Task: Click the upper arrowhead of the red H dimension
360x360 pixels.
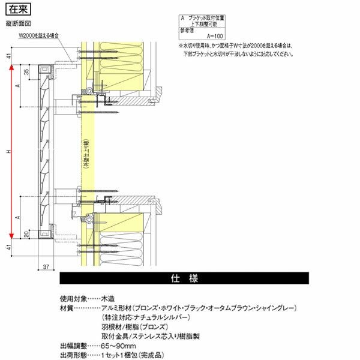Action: pyautogui.click(x=11, y=68)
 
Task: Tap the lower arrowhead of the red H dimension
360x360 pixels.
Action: pyautogui.click(x=11, y=236)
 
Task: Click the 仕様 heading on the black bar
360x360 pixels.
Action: pyautogui.click(x=184, y=279)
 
